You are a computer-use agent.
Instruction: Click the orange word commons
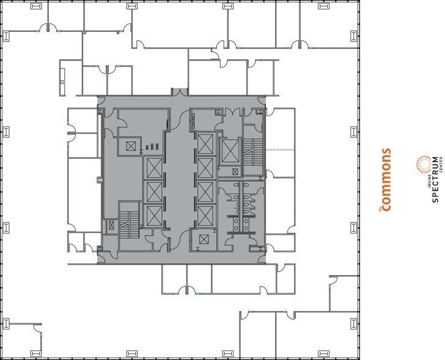pyautogui.click(x=386, y=180)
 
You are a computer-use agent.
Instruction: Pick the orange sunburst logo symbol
pyautogui.click(x=421, y=164)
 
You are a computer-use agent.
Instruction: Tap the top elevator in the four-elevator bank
pyautogui.click(x=205, y=144)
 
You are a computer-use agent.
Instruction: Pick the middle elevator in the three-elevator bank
pyautogui.click(x=153, y=192)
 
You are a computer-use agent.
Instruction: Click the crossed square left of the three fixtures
pyautogui.click(x=131, y=146)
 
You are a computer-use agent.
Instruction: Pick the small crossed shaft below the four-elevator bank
pyautogui.click(x=204, y=240)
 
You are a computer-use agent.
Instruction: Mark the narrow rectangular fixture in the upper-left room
pyautogui.click(x=62, y=76)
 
